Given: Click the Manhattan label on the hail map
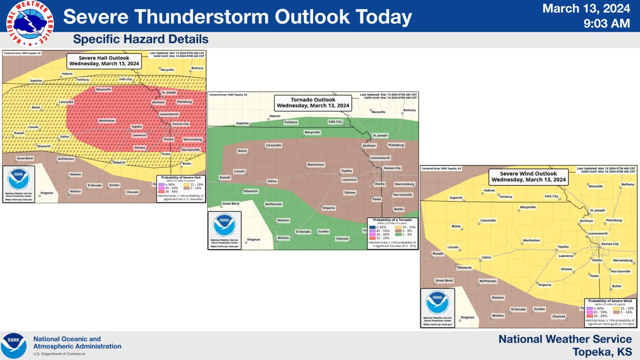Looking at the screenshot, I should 107,121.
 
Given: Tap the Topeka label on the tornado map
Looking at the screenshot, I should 346,171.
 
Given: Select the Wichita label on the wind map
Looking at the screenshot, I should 497,316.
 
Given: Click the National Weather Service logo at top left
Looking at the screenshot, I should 30,23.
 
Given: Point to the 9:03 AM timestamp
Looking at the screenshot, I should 606,24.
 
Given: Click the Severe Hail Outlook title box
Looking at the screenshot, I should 104,61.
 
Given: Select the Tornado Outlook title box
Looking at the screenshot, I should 313,102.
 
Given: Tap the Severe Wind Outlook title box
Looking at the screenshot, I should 528,177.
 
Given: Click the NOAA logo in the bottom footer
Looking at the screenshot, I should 13,346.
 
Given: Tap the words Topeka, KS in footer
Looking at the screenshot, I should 602,352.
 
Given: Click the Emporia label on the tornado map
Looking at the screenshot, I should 328,208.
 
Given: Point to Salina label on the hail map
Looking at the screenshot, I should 64,137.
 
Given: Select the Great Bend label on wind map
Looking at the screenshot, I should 444,280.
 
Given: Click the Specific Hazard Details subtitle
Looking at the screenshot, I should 140,39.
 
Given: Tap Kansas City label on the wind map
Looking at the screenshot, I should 610,244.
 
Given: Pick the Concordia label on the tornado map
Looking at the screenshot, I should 273,145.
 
